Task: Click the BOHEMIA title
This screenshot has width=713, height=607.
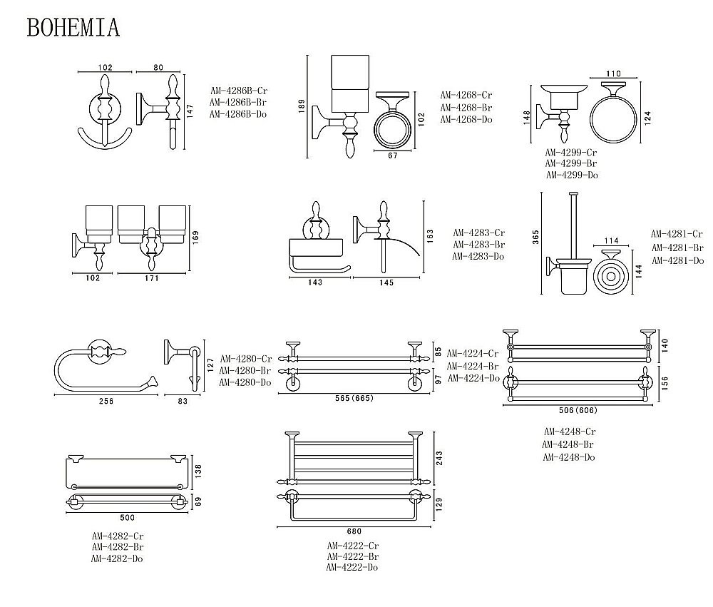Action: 73,26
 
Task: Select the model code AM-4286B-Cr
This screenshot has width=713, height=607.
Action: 238,91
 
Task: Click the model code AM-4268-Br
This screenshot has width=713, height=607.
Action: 466,107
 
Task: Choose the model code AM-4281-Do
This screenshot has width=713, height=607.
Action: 677,260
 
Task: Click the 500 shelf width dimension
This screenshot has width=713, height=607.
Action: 127,516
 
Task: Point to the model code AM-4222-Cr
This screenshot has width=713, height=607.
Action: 352,546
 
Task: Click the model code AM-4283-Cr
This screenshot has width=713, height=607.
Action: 478,233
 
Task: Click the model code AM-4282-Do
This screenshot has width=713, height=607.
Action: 118,558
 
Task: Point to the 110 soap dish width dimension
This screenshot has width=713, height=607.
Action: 613,73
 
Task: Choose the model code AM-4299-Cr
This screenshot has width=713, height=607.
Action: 571,152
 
